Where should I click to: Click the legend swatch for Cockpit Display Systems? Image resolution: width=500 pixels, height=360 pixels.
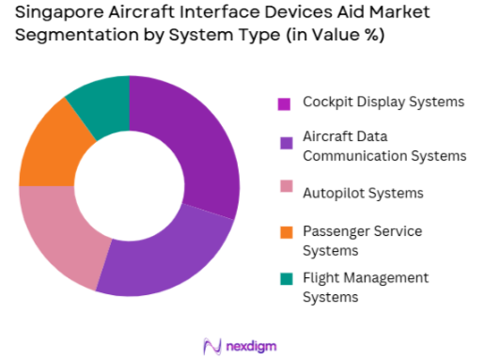point(285,102)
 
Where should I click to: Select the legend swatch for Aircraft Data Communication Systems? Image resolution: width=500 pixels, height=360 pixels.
point(285,144)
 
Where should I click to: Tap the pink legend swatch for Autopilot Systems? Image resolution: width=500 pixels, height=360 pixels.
point(285,194)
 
